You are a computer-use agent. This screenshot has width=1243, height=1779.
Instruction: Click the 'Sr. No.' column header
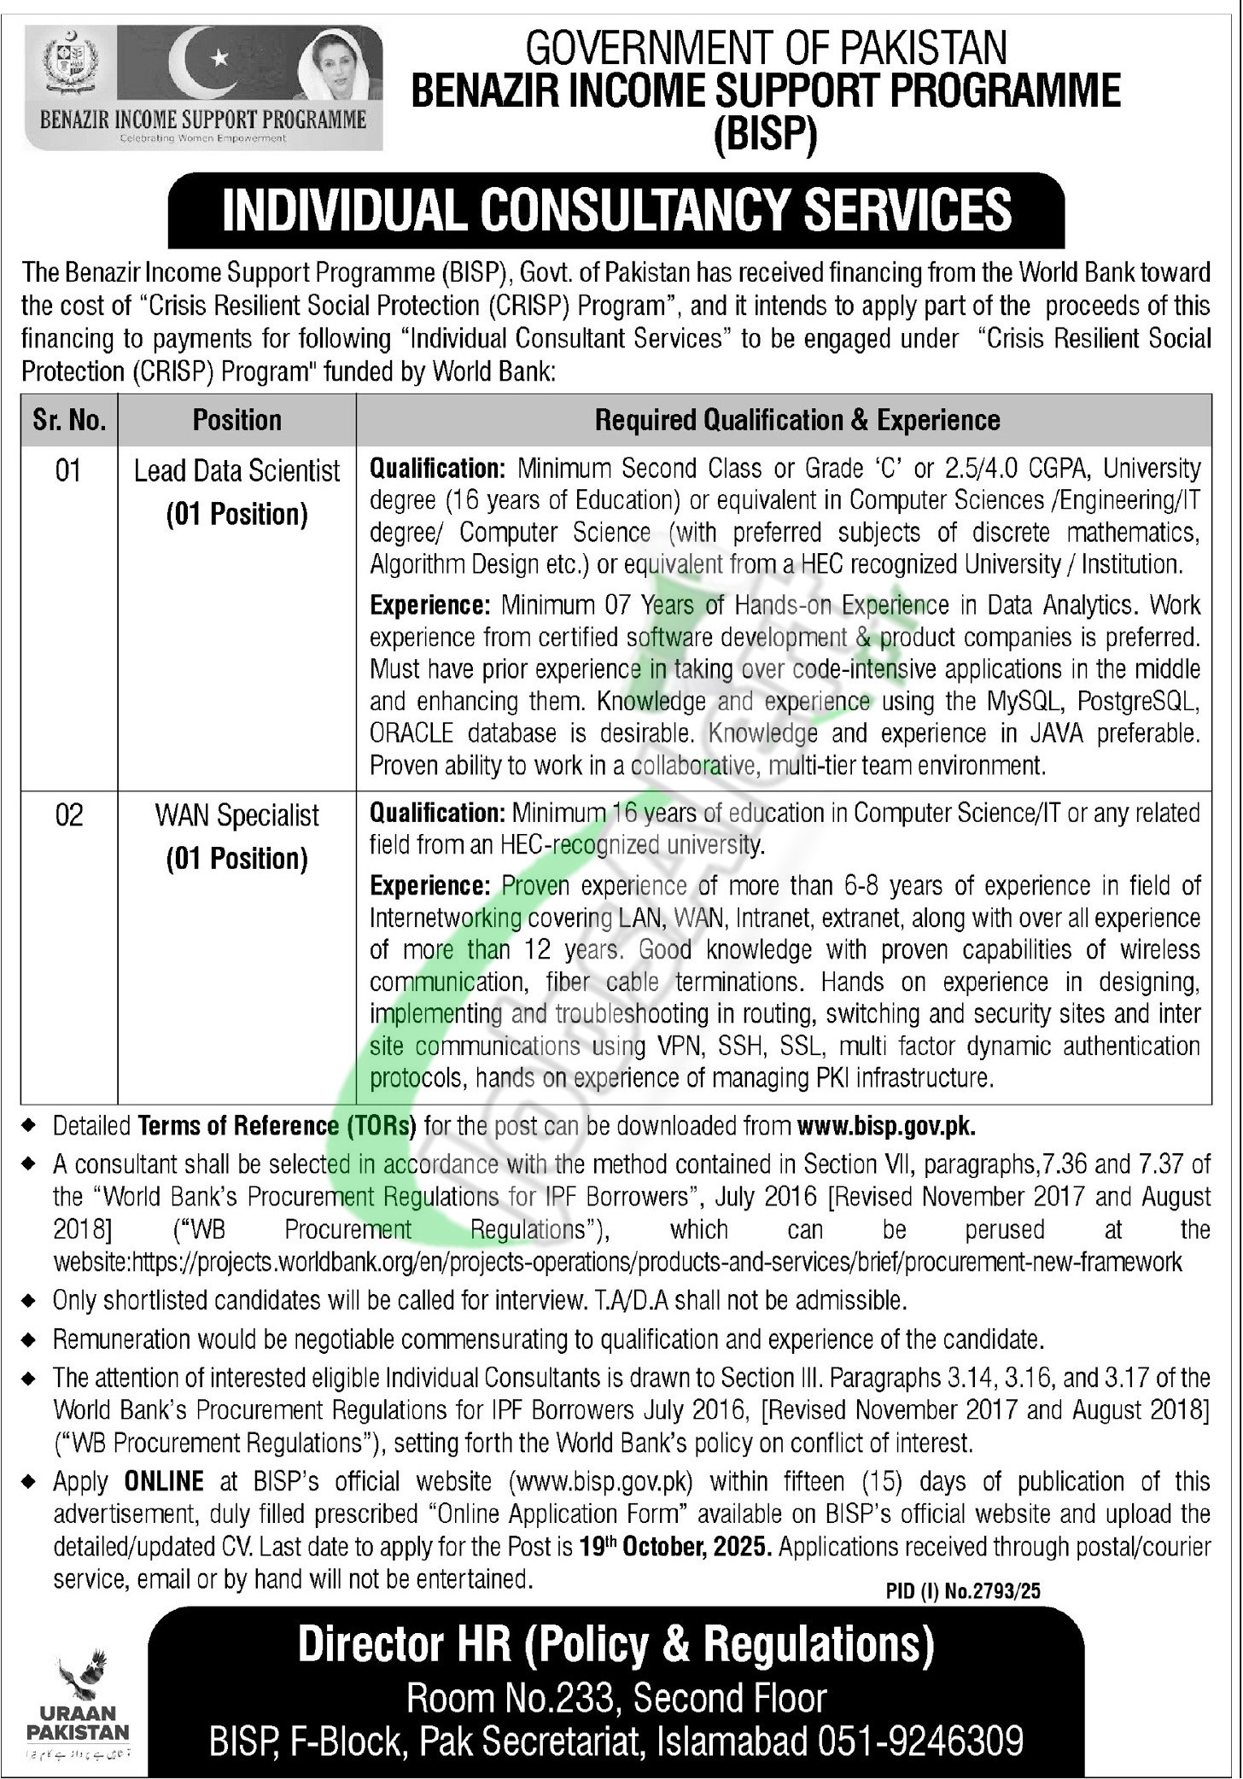click(69, 420)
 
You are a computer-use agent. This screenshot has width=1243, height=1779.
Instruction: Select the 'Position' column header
click(237, 420)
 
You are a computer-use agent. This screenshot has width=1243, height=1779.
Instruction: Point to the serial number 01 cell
click(68, 470)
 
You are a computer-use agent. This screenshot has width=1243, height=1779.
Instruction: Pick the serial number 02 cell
click(69, 815)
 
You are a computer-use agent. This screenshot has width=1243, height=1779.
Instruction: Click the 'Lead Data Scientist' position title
click(237, 470)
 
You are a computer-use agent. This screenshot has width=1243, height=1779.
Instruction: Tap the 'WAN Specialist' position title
click(237, 815)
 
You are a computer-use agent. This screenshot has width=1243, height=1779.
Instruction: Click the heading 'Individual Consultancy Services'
click(616, 210)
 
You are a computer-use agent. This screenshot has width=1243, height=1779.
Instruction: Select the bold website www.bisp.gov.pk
click(886, 1126)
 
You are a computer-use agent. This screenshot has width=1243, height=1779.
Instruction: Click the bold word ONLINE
click(164, 1481)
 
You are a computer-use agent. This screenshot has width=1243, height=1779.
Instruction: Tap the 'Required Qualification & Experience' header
click(797, 420)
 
